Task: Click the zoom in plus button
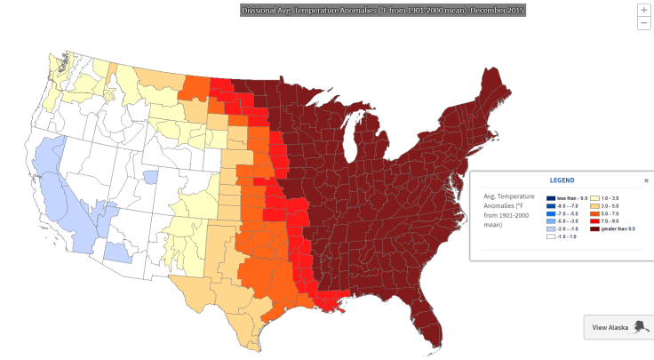643,10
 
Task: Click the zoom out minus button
643,23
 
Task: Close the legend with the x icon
646,180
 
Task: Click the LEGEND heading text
562,180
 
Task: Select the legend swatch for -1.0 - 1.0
551,236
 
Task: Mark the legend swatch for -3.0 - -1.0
551,228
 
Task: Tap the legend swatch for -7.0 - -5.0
551,212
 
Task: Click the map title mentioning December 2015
383,11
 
